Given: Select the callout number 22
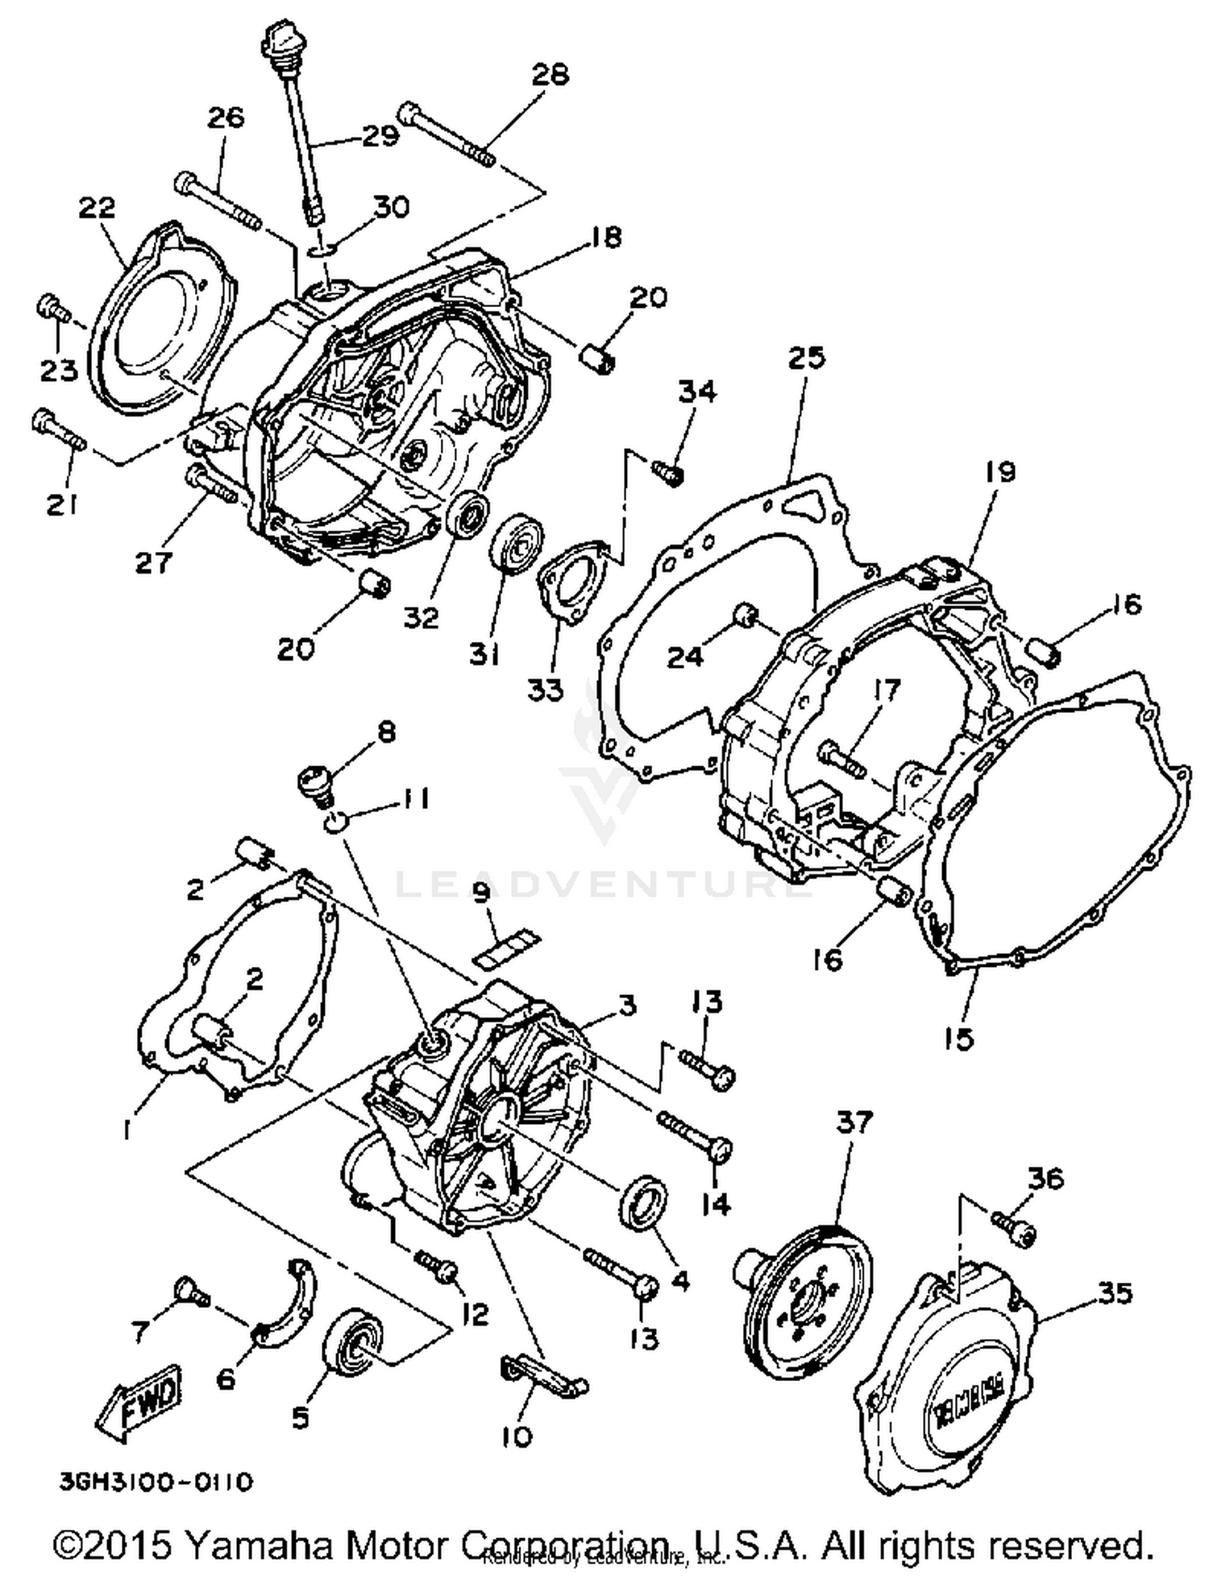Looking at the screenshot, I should (97, 208).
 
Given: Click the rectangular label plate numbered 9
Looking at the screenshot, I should (506, 948).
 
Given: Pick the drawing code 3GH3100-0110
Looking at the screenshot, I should (156, 1481).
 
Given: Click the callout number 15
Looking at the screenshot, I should (960, 1039).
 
